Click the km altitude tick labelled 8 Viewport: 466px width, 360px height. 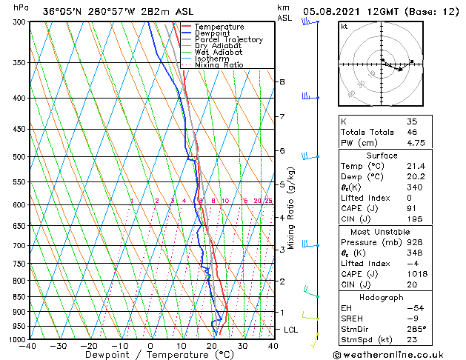282,81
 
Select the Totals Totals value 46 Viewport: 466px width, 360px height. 411,132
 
